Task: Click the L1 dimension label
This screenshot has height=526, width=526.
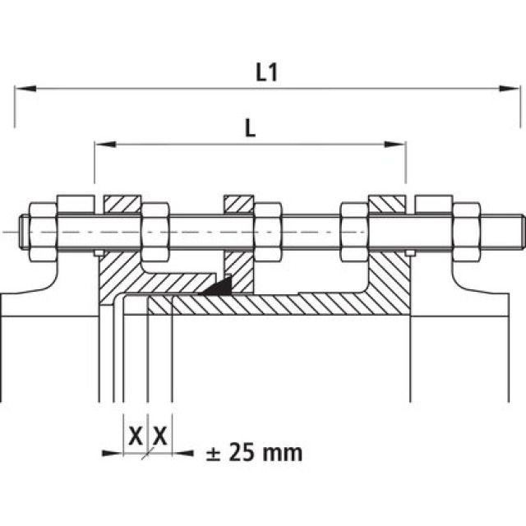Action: [x=266, y=72]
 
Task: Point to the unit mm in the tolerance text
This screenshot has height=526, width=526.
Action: [x=284, y=452]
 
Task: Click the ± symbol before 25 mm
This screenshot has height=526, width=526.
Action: [x=214, y=452]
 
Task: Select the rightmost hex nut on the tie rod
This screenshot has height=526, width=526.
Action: [x=466, y=233]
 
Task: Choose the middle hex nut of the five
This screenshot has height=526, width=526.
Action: [x=266, y=233]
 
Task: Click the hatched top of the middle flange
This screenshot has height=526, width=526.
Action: [x=239, y=202]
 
